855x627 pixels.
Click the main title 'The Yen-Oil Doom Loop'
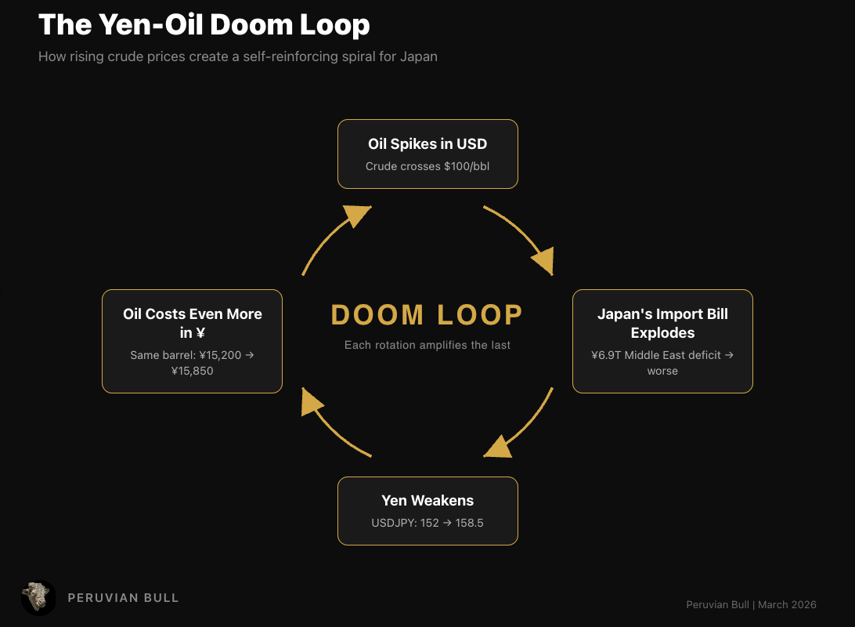coord(204,25)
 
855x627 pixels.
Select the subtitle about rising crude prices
coord(237,57)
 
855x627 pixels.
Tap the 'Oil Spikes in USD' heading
coord(427,144)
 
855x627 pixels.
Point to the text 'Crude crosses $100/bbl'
coord(427,166)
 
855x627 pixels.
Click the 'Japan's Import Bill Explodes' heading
coord(662,323)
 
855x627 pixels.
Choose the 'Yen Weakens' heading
coord(427,500)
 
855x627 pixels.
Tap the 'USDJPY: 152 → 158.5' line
coord(427,522)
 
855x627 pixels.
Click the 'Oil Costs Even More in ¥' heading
coord(193,323)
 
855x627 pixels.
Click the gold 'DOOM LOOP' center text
coord(427,315)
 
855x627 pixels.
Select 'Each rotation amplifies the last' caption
coord(427,345)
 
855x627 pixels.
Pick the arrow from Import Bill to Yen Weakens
coord(525,427)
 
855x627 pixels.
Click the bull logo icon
coord(38,597)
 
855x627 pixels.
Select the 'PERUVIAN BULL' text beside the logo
coord(124,598)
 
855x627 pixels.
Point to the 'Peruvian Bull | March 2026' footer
coord(751,604)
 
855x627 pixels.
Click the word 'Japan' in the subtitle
coord(419,57)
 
